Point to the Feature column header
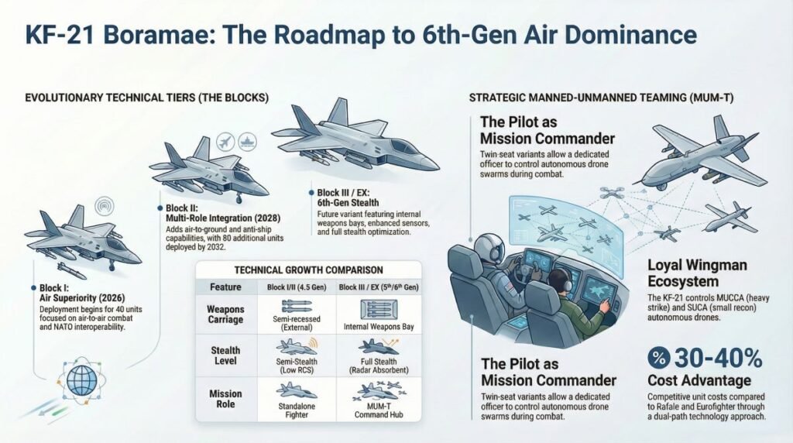225,286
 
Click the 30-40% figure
716,359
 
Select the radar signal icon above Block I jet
99,208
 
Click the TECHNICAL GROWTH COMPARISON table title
308,270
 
